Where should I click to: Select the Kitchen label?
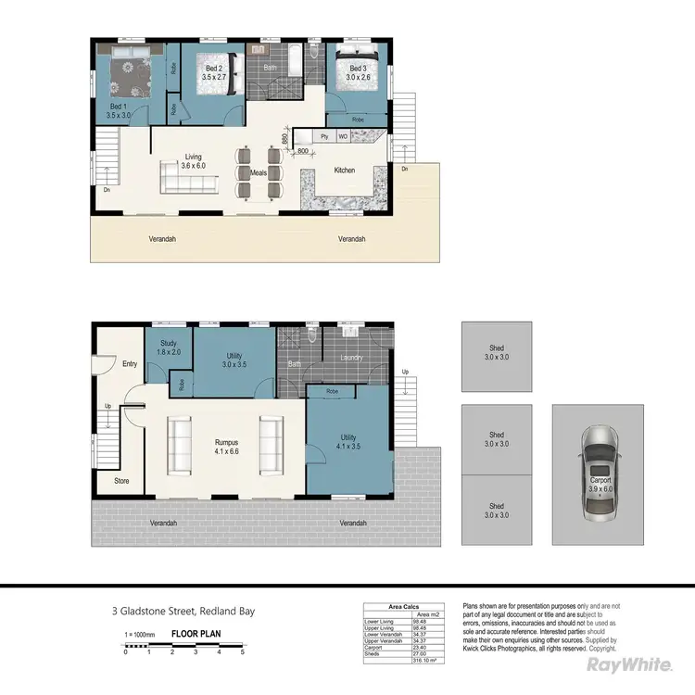tap(344, 171)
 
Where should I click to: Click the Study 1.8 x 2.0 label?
tap(168, 347)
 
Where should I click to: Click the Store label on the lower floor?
tap(121, 481)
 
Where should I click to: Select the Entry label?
tap(130, 364)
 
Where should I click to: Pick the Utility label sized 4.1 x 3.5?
tap(348, 441)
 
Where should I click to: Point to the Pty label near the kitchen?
tap(324, 136)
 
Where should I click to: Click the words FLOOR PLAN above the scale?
tap(196, 635)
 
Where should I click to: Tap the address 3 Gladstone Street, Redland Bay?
tap(182, 611)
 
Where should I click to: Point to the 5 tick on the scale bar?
tap(243, 652)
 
